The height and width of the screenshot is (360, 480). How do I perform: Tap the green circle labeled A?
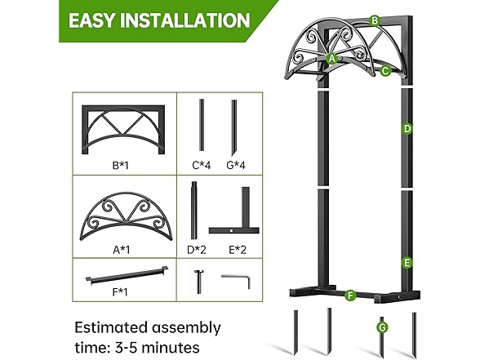click(332, 59)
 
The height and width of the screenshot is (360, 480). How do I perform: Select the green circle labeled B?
click(374, 20)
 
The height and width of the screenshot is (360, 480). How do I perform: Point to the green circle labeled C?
click(384, 71)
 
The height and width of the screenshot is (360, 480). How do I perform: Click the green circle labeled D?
click(407, 128)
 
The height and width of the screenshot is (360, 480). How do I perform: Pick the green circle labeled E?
click(406, 263)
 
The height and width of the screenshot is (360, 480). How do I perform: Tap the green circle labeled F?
click(349, 295)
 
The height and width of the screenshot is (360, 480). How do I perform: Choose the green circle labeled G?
click(382, 327)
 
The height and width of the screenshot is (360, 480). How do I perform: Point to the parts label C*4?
click(202, 166)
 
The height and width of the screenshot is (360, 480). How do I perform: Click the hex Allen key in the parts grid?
click(233, 280)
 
